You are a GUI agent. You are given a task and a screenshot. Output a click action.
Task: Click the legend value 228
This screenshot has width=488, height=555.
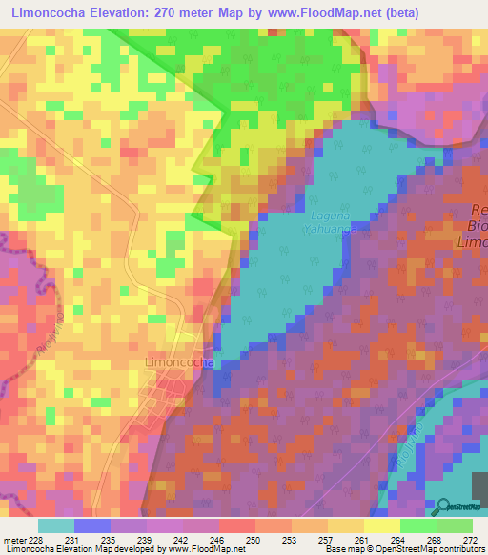(x=37, y=540)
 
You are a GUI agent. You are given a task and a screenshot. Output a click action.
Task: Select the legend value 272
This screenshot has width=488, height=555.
(x=470, y=540)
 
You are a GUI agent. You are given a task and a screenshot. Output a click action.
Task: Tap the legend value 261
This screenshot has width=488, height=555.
(x=361, y=540)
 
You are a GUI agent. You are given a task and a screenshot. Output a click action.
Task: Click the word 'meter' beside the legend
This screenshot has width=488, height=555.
(x=13, y=540)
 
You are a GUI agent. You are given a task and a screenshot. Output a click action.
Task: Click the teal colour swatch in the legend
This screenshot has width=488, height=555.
(x=55, y=525)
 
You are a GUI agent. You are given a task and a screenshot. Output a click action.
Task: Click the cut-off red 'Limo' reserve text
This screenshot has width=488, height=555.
(x=473, y=245)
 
